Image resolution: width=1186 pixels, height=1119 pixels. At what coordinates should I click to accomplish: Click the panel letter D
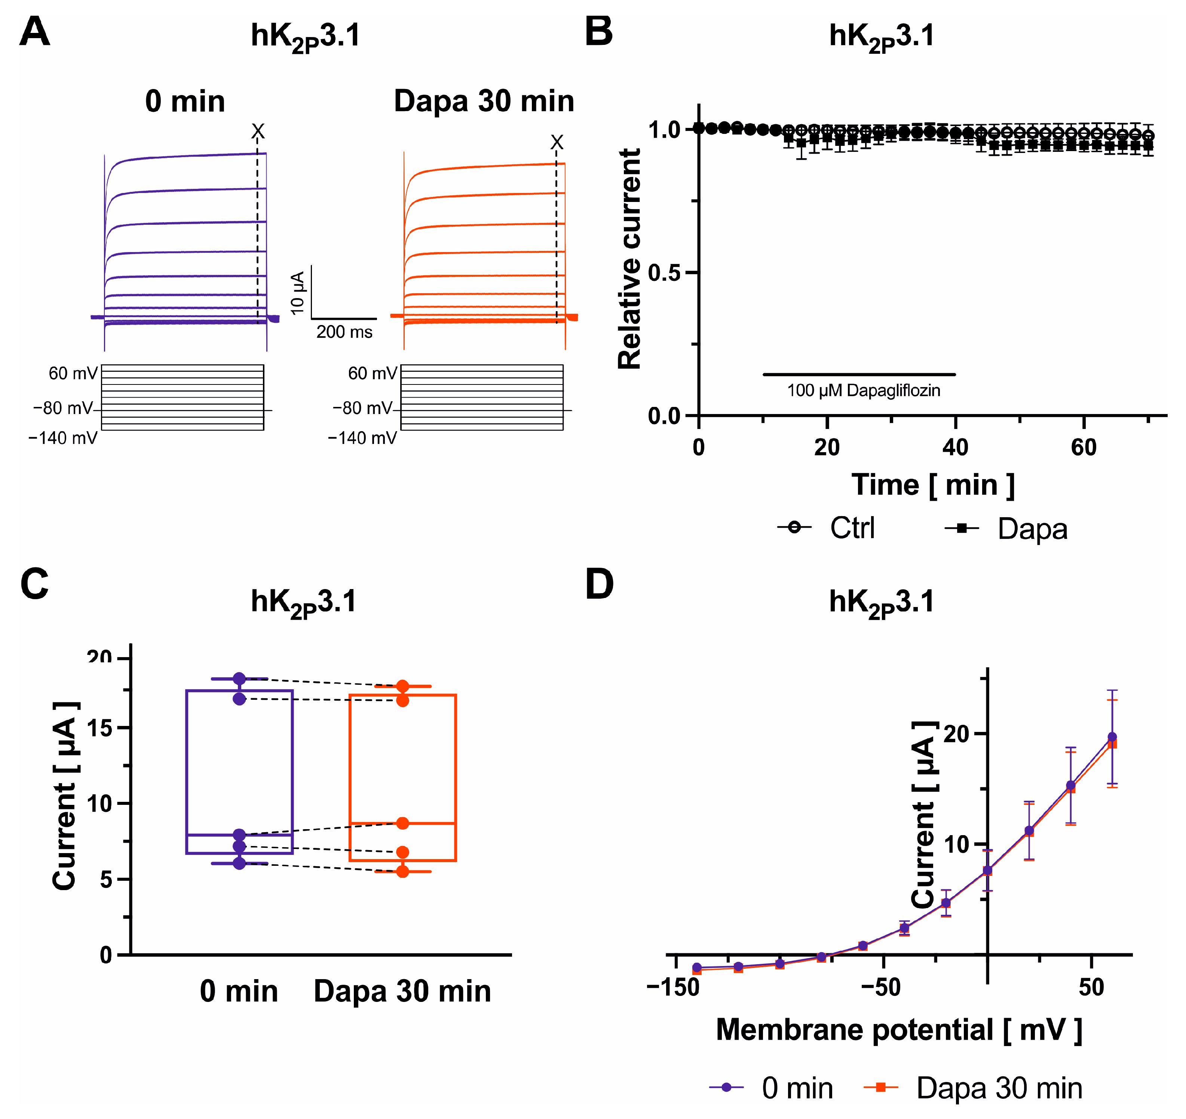[x=599, y=585]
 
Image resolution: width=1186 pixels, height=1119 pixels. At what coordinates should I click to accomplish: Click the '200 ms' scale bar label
[x=344, y=332]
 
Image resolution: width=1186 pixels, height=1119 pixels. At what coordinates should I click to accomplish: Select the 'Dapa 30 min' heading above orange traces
[x=484, y=101]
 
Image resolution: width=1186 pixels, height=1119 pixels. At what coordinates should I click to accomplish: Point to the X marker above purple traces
[x=258, y=131]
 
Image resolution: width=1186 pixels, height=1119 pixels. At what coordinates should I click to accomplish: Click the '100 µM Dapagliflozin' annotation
[x=863, y=391]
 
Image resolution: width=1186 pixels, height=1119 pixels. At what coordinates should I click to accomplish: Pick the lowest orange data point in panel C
[x=403, y=871]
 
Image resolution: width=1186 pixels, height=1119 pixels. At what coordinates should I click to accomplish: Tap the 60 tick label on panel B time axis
[x=1084, y=447]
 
